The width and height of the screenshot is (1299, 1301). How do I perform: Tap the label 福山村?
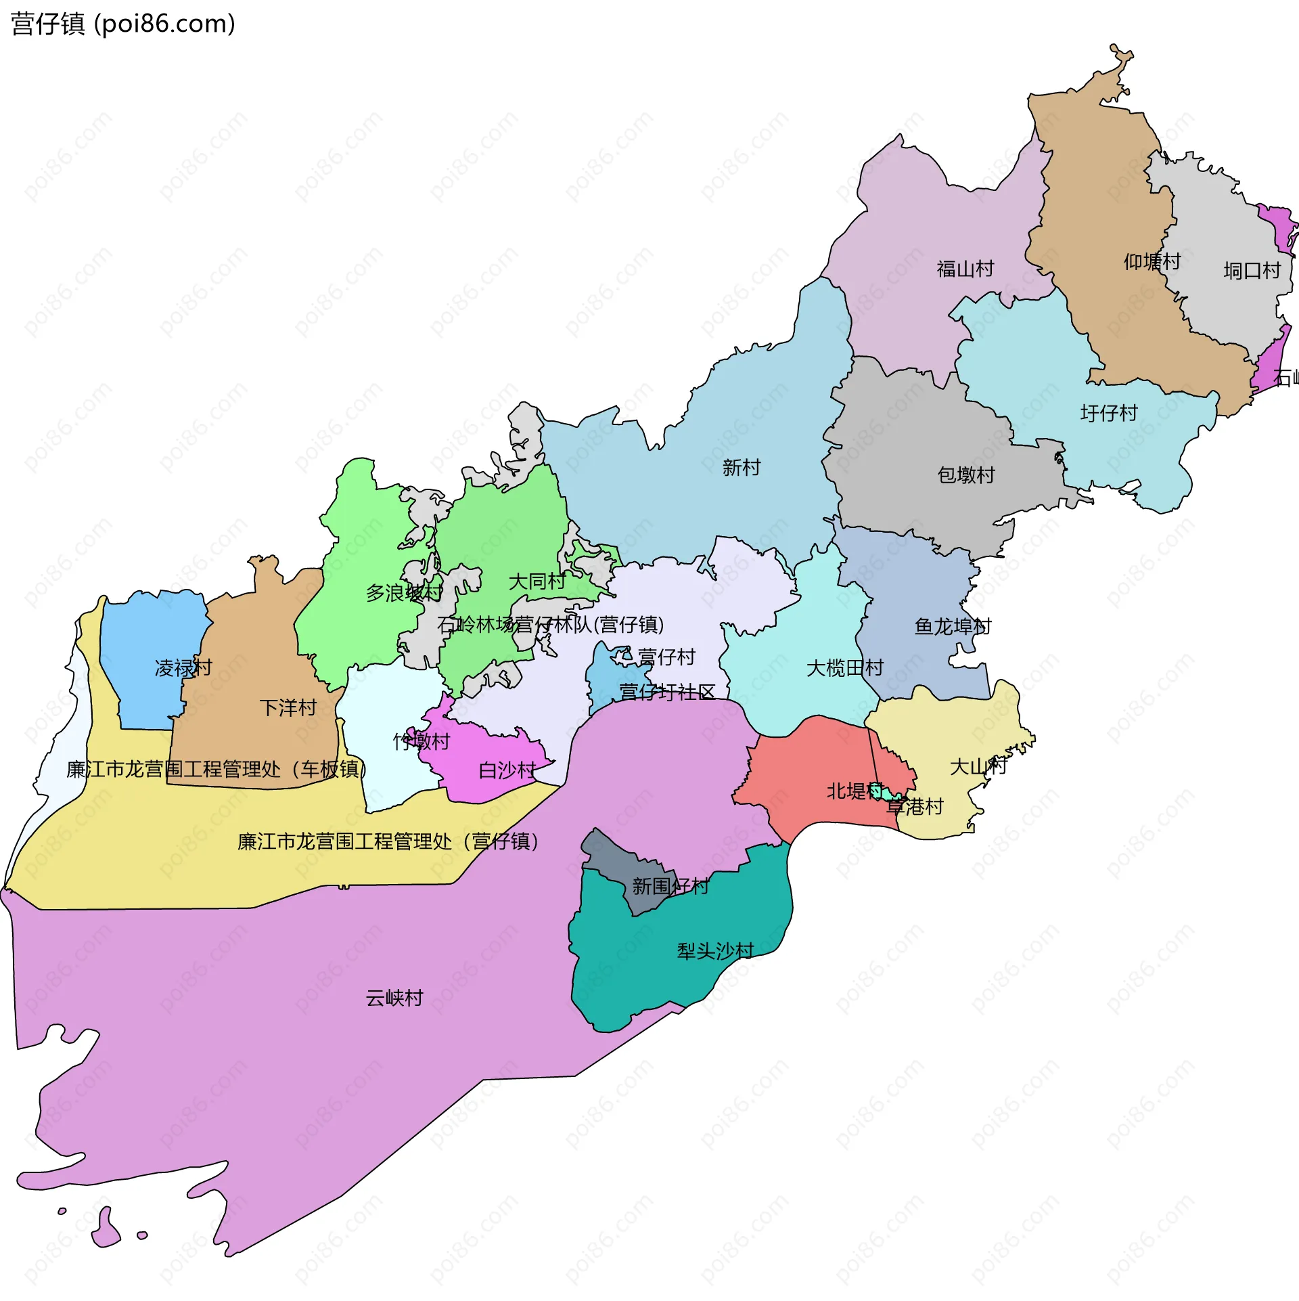pyautogui.click(x=965, y=269)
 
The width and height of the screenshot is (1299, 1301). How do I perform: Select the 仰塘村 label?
pyautogui.click(x=1152, y=261)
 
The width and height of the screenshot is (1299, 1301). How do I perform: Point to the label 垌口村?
pyautogui.click(x=1252, y=271)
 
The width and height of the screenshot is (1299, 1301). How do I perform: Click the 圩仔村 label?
pyautogui.click(x=1108, y=413)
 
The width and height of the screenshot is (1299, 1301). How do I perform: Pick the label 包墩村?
pyautogui.click(x=965, y=475)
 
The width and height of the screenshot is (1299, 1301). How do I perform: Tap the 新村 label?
pyautogui.click(x=741, y=467)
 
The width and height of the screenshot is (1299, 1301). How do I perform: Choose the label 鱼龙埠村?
pyautogui.click(x=952, y=626)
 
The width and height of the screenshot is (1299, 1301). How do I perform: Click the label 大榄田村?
pyautogui.click(x=844, y=668)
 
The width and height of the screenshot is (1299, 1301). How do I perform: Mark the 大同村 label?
pyautogui.click(x=537, y=581)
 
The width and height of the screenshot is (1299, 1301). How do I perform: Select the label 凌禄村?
pyautogui.click(x=183, y=668)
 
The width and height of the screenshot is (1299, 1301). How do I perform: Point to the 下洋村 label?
pyautogui.click(x=288, y=708)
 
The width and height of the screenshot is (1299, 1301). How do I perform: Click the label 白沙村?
pyautogui.click(x=506, y=770)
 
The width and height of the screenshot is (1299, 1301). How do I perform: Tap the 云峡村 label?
pyautogui.click(x=394, y=998)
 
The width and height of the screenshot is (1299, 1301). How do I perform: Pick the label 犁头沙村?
pyautogui.click(x=715, y=951)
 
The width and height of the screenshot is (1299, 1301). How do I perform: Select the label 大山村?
pyautogui.click(x=978, y=766)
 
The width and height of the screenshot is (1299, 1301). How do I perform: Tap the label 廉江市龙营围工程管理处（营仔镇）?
pyautogui.click(x=388, y=841)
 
